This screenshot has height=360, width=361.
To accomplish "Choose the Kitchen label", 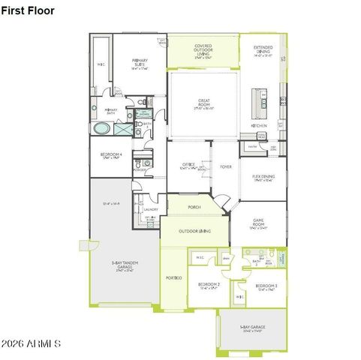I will tap(260, 125).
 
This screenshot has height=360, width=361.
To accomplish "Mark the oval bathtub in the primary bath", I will tap(101, 127).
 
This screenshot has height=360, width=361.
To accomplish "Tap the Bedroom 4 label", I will tap(110, 155).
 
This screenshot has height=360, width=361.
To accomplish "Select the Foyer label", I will tap(226, 166).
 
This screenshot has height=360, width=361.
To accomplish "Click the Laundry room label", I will tap(150, 210).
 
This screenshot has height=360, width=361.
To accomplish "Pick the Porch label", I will tap(194, 208).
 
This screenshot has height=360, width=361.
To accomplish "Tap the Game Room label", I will tap(258, 223).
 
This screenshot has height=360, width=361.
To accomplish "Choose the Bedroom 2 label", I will tap(208, 286).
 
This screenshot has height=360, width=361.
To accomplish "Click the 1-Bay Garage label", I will tap(252, 328).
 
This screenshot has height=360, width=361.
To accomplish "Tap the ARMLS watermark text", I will tap(32, 343).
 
